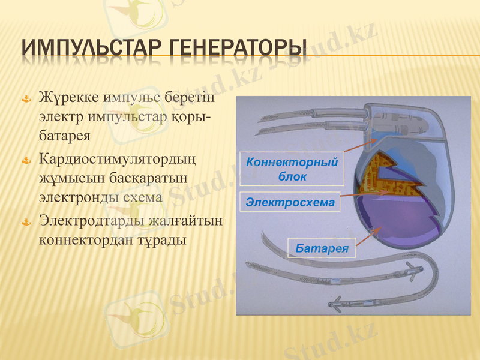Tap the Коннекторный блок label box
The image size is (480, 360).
tap(292, 169)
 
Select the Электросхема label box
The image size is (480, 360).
tap(290, 202)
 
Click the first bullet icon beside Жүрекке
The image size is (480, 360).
tap(26, 99)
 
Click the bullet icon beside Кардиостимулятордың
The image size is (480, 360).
tap(26, 161)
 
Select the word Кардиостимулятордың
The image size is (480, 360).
tap(118, 159)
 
